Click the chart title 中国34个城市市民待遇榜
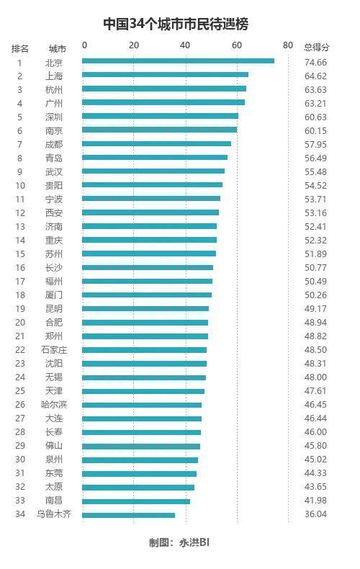[176, 24]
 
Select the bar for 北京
[178, 61]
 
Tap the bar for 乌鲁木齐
[128, 515]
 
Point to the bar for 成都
[156, 144]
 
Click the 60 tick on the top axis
[237, 45]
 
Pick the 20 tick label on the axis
[134, 45]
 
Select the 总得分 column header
[317, 47]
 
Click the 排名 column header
[20, 48]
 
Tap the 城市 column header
[58, 48]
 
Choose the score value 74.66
[316, 63]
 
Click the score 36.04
[316, 514]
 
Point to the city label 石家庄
[54, 350]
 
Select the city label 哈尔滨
[54, 405]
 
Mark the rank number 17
[20, 282]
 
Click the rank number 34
[20, 514]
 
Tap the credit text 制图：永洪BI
[179, 542]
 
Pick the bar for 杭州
[164, 89]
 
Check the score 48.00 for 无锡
[316, 377]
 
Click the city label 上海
[54, 76]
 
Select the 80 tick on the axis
[288, 45]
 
